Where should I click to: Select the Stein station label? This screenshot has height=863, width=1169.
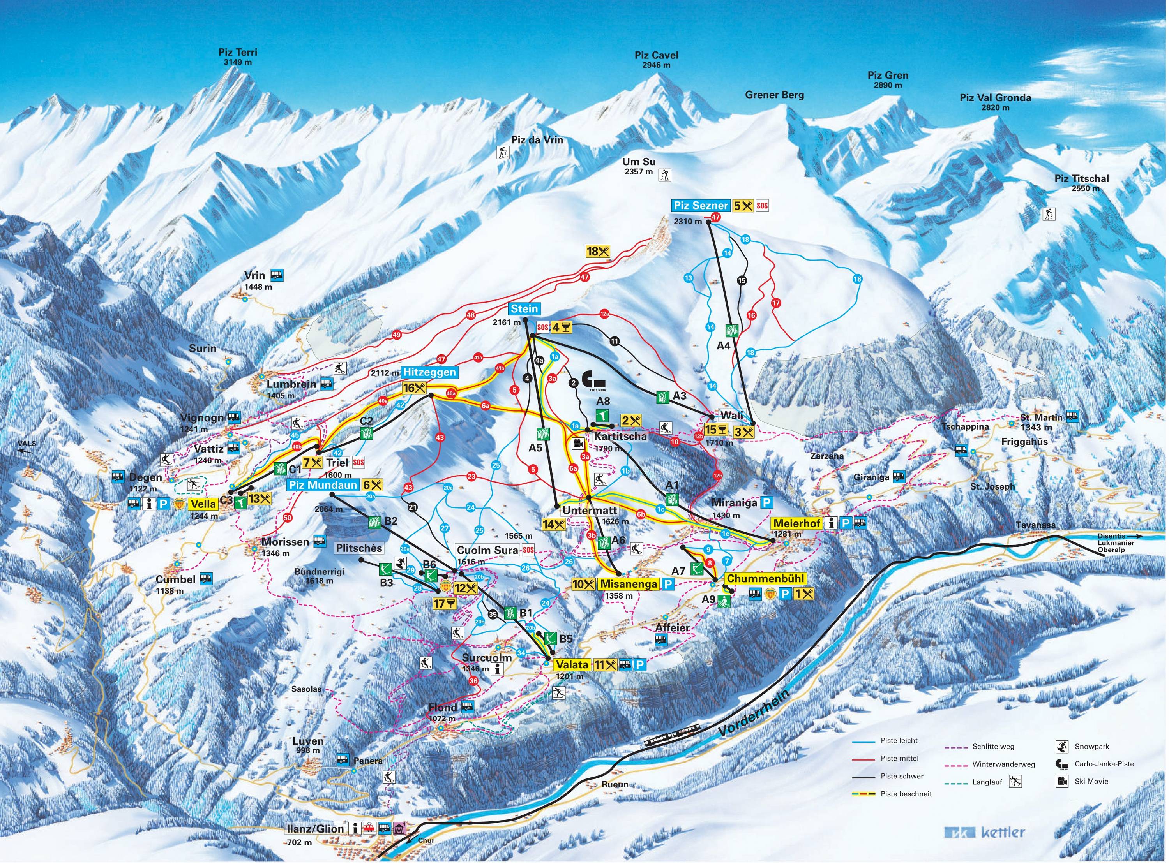click(524, 309)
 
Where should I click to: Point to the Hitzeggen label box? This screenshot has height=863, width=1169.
click(429, 372)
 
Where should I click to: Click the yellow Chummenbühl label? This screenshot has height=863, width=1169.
click(765, 579)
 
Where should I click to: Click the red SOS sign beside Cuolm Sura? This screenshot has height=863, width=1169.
click(529, 550)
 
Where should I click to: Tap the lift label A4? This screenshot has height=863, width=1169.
click(723, 346)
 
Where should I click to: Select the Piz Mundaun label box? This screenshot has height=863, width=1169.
click(322, 485)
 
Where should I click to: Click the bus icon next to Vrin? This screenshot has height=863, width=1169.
click(276, 275)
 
